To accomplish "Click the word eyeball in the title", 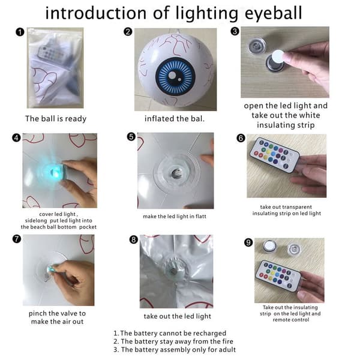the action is [x=273, y=14].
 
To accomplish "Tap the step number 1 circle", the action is [x=20, y=32].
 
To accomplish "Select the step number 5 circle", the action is [x=131, y=137].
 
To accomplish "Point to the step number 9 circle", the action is [x=248, y=242].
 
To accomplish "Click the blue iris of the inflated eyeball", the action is [x=175, y=76].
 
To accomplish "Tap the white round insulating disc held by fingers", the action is [x=278, y=56].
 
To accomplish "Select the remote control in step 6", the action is [x=275, y=155].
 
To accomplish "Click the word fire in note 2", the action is [x=228, y=341].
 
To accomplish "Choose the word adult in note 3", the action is [x=227, y=350].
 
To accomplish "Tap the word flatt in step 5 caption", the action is [x=200, y=216].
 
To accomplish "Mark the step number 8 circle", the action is [x=134, y=239].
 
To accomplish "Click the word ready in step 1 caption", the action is [x=76, y=119].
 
